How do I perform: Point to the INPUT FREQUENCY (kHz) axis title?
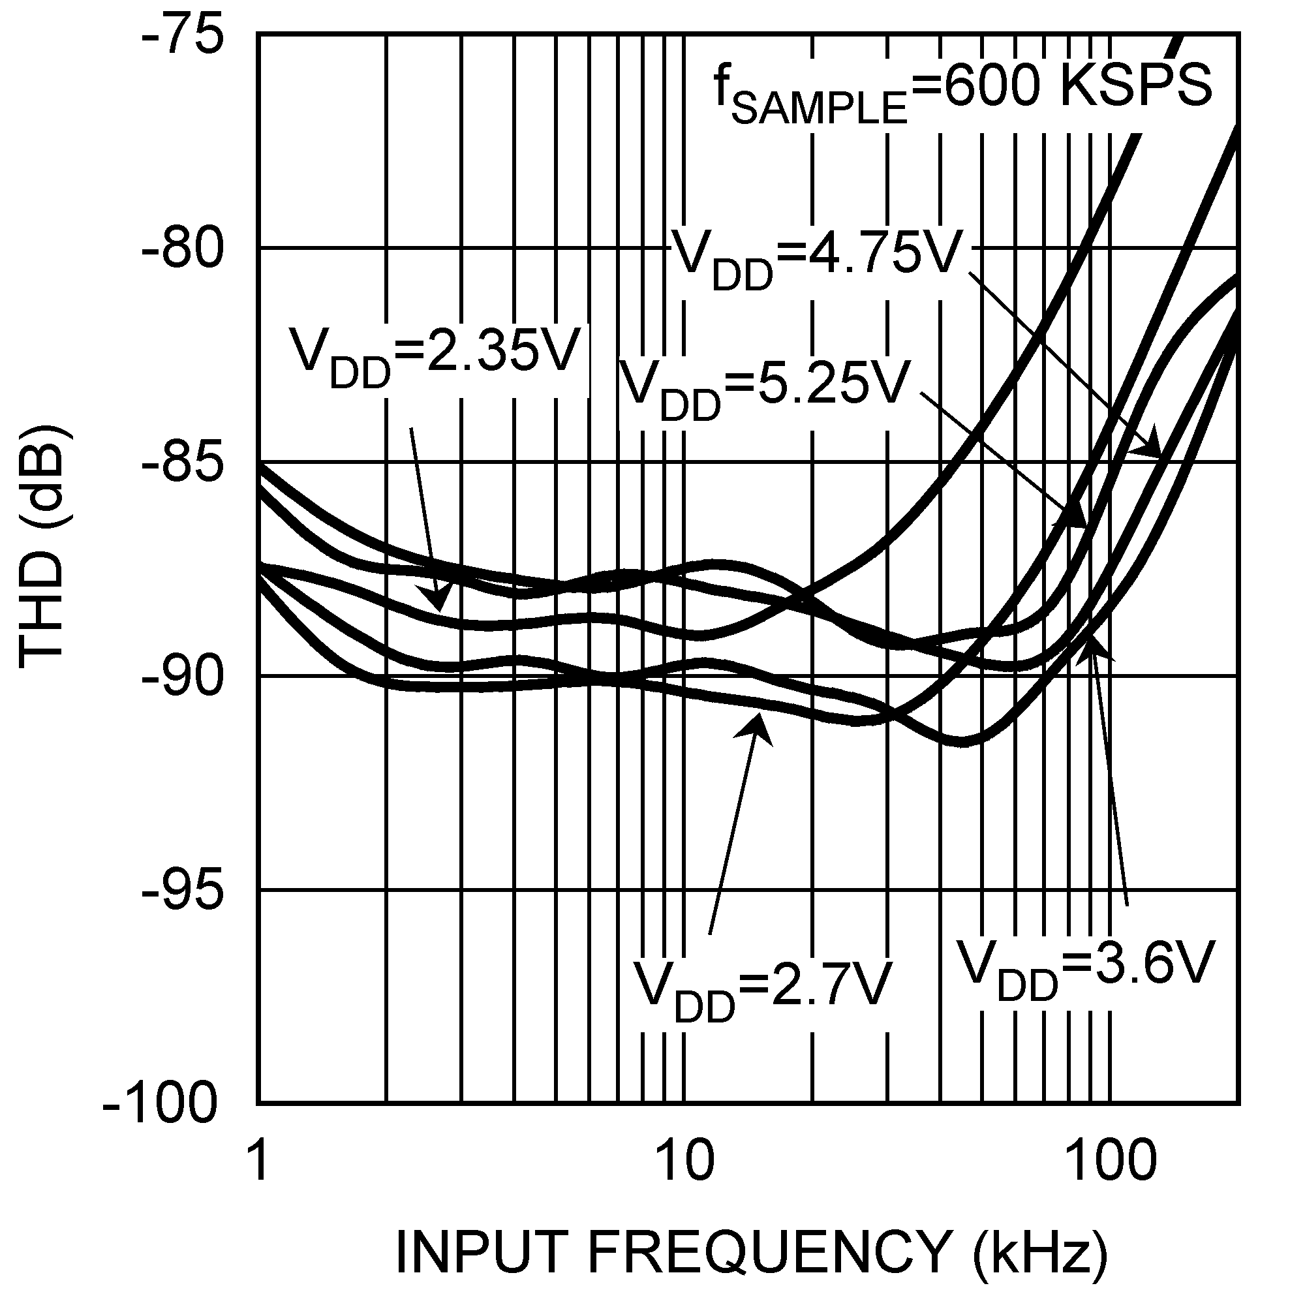750,1251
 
